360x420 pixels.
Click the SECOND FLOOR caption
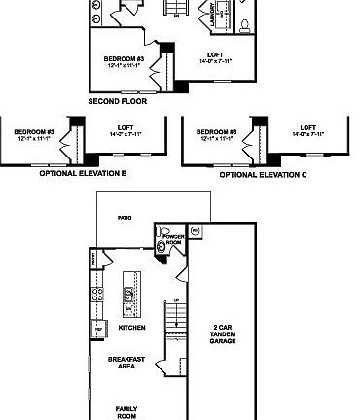(118, 100)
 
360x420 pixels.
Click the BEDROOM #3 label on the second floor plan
(124, 61)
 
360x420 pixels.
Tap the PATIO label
(125, 219)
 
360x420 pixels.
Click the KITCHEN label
(131, 328)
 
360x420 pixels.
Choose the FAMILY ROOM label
(126, 411)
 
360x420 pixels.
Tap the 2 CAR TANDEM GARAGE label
(223, 333)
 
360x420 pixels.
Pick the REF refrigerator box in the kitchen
(98, 331)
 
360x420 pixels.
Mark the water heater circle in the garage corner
(195, 230)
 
